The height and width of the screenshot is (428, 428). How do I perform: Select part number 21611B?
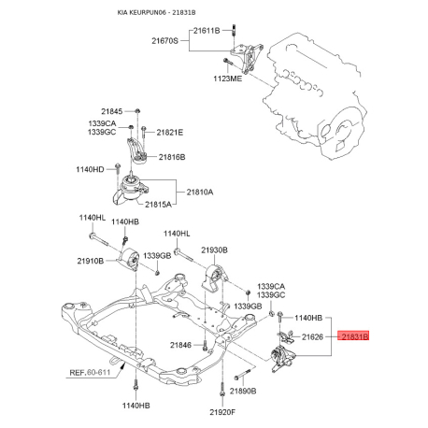[x=206, y=31]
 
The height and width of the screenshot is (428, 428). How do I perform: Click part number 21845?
[x=112, y=112]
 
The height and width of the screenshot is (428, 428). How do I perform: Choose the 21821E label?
[x=170, y=133]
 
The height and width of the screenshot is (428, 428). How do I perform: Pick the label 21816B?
[x=172, y=157]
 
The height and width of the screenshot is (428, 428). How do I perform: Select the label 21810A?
[x=200, y=192]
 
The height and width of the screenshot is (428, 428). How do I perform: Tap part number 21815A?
[x=173, y=204]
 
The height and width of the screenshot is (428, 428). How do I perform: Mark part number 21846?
[x=180, y=346]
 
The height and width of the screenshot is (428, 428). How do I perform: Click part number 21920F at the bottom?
[x=222, y=411]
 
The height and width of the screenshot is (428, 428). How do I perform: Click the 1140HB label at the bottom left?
[x=135, y=406]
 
